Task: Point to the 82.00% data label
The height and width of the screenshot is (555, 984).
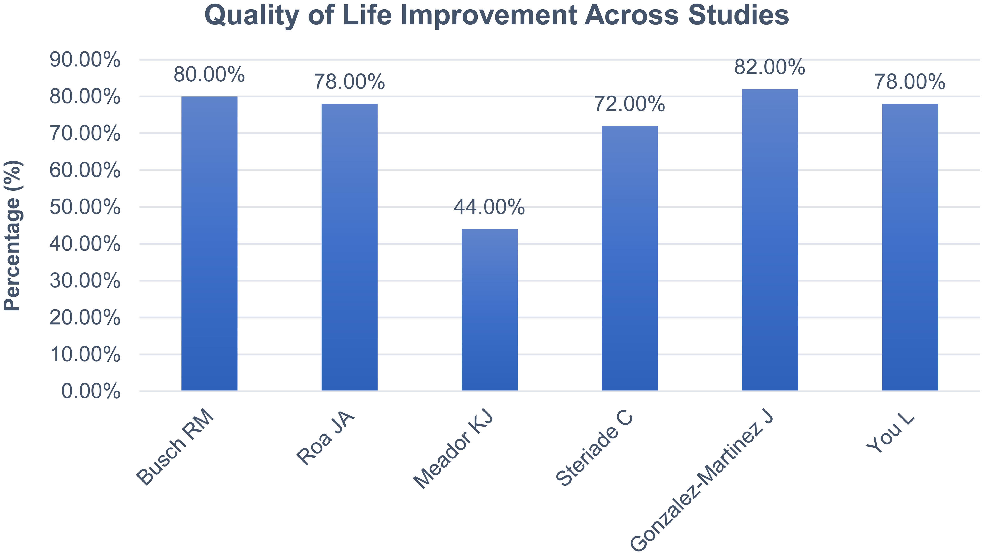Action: coord(770,68)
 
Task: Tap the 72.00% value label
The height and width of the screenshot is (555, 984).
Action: coord(629,105)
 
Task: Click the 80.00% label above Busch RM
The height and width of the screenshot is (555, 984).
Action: coord(209,75)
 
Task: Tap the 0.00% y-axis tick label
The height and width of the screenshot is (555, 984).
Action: coord(91,392)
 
